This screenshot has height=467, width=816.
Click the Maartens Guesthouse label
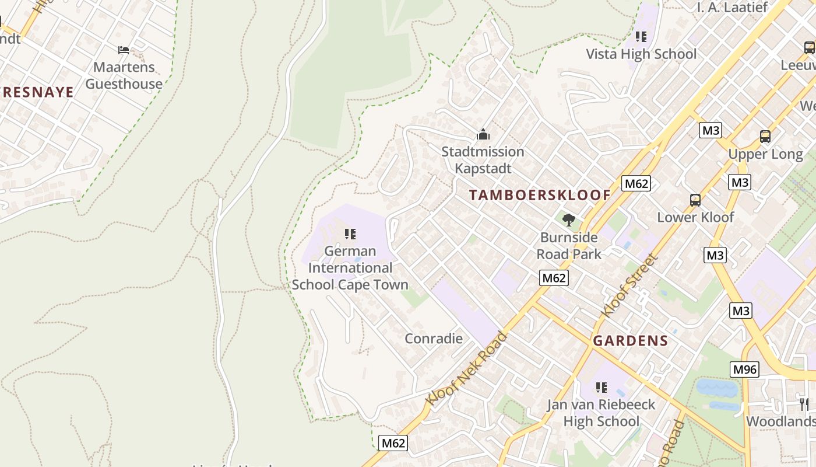click(x=124, y=75)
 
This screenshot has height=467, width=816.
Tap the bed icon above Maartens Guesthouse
click(x=124, y=50)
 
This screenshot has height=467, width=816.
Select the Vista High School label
click(x=641, y=54)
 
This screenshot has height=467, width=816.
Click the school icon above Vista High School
click(x=641, y=37)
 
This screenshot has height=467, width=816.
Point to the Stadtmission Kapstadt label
click(x=483, y=160)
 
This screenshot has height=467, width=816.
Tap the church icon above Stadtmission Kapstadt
click(x=483, y=135)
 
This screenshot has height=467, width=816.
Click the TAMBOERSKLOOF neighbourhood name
click(x=540, y=196)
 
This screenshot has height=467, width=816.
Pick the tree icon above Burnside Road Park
click(x=569, y=220)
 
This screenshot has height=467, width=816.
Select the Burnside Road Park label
click(x=569, y=246)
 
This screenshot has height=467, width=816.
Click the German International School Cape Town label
click(x=350, y=268)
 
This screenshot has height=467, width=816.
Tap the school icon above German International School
click(x=350, y=234)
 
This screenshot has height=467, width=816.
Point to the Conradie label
click(x=434, y=339)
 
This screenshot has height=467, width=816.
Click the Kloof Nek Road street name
click(x=466, y=369)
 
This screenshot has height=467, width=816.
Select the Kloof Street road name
click(x=629, y=285)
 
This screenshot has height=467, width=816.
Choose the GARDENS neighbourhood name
click(x=630, y=341)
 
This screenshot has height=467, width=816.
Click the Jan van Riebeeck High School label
click(x=601, y=413)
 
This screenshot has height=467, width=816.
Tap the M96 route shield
click(x=744, y=369)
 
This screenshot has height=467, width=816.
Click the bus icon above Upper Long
click(x=765, y=137)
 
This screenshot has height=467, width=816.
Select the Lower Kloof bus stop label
click(x=695, y=217)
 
